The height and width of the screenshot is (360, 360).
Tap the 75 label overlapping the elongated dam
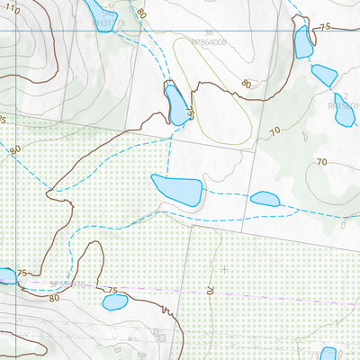190,114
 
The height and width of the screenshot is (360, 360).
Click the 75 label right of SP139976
112,290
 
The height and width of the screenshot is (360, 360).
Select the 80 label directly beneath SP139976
54,297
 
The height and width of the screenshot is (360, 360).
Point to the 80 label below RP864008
246,85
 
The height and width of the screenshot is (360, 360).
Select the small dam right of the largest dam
265,199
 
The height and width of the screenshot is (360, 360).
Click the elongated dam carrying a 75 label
174,101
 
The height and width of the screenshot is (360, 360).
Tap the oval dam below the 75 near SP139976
114,301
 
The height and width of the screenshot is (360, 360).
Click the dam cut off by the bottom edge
328,354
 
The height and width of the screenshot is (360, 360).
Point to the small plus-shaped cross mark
223,268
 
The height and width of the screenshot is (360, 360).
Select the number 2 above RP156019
345,96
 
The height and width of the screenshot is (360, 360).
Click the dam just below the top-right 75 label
302,41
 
